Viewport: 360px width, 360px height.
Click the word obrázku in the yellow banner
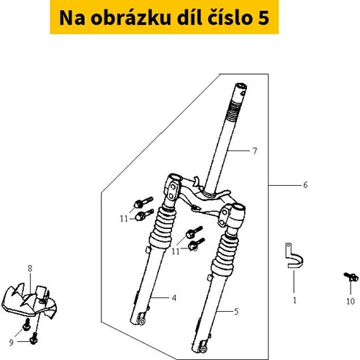130,18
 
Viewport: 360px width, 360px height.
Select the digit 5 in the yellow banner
264,18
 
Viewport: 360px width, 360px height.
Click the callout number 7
255,150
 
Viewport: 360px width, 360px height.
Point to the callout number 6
305,185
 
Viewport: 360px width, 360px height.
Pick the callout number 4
174,298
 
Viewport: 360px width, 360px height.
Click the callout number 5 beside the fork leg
236,312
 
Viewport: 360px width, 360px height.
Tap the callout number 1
294,300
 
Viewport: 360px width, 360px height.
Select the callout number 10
351,302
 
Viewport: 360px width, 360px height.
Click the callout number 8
30,269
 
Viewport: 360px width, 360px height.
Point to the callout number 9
12,343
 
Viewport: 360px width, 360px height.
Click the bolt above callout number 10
351,276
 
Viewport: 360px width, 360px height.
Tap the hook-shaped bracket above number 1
292,257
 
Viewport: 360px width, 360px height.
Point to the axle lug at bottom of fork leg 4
141,320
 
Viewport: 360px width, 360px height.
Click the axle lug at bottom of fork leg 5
203,348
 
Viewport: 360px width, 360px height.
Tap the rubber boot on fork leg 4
162,228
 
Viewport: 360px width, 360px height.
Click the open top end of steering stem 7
241,86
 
